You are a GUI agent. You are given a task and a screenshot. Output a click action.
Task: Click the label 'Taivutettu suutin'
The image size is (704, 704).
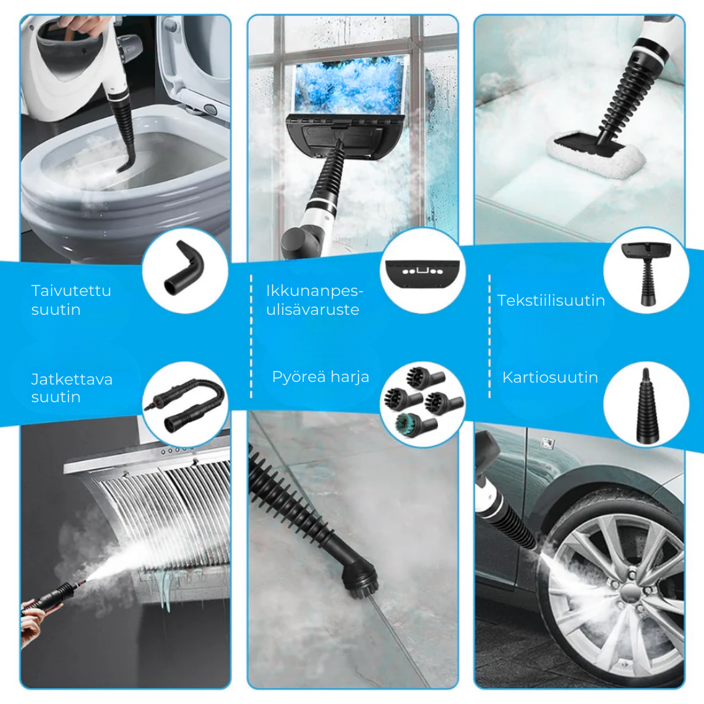point(71,299)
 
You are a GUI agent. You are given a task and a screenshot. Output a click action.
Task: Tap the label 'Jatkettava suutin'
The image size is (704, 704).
point(72,388)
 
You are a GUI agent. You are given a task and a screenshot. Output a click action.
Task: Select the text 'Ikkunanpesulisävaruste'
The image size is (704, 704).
point(314,299)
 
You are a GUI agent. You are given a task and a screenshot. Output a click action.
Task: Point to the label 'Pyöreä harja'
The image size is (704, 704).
point(320,377)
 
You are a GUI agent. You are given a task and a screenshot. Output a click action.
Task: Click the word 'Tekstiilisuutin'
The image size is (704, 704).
point(551,301)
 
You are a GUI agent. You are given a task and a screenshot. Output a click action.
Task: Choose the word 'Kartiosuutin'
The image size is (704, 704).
point(550,377)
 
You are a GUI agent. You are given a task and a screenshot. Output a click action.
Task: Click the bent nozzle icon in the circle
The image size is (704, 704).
point(184,268)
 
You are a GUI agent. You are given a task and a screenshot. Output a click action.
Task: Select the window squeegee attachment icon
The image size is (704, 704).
point(422,274)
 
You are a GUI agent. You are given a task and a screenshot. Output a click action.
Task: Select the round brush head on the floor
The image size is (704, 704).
point(359,579)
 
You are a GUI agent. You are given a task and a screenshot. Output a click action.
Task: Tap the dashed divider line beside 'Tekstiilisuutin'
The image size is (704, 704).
point(490,336)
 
